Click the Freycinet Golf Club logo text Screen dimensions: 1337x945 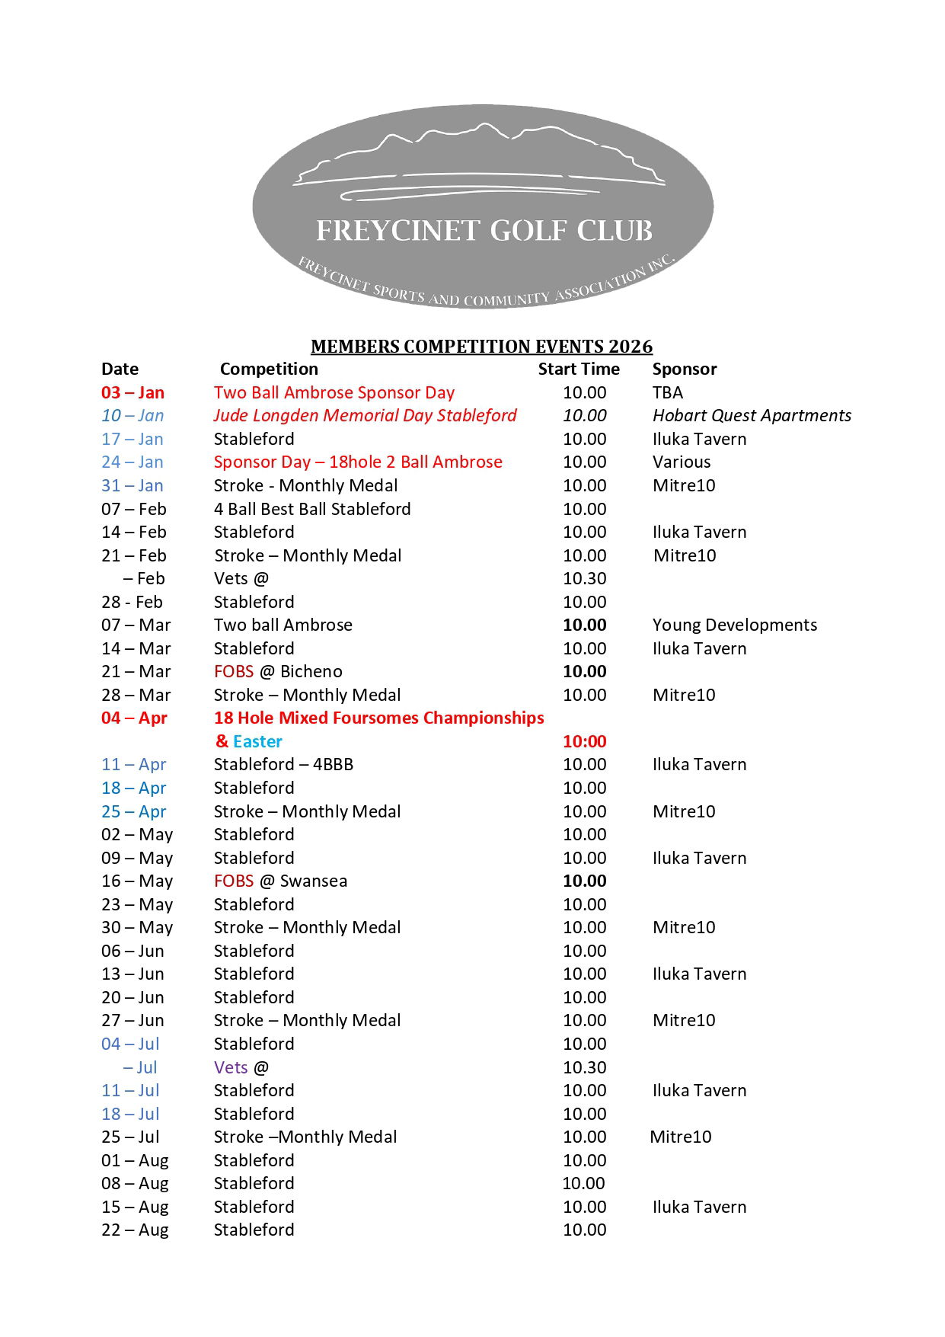(x=484, y=230)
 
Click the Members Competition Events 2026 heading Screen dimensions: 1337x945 (x=481, y=347)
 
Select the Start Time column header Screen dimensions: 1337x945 (x=579, y=369)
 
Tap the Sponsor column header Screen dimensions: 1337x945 (x=685, y=369)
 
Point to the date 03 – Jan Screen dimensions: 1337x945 (x=132, y=393)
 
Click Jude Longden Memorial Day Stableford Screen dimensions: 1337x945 (x=365, y=416)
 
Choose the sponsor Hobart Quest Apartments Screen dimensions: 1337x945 (x=752, y=416)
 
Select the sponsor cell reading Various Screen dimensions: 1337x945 (x=682, y=462)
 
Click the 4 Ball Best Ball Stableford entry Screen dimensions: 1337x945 (x=312, y=509)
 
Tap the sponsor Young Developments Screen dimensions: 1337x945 (x=735, y=625)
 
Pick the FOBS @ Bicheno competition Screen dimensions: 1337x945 (x=278, y=672)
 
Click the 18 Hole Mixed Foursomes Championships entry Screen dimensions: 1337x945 (x=378, y=718)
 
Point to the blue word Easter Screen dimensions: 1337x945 (x=257, y=742)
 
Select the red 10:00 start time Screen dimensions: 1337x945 (x=584, y=742)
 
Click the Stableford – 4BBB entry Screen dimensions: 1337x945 (x=283, y=765)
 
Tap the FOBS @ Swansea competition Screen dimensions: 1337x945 (x=280, y=881)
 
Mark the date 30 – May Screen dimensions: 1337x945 (x=137, y=928)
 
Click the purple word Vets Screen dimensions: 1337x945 (x=231, y=1068)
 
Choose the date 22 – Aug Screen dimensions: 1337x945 (x=135, y=1230)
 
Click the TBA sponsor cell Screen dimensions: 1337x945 (x=668, y=393)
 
